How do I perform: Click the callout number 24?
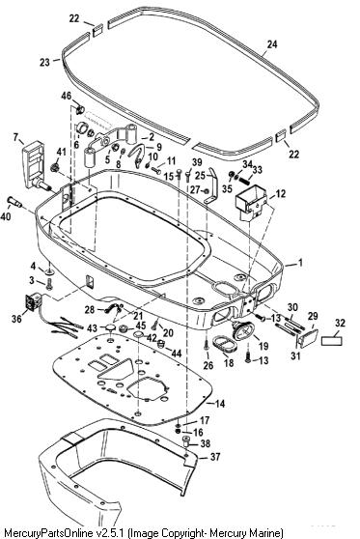tap(272, 44)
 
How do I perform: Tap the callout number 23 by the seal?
tap(44, 62)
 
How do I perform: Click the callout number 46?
tap(67, 96)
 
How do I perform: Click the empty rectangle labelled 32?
tap(332, 341)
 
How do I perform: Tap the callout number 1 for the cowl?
tap(300, 263)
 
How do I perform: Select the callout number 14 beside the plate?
tap(220, 403)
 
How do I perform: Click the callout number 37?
tap(215, 457)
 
